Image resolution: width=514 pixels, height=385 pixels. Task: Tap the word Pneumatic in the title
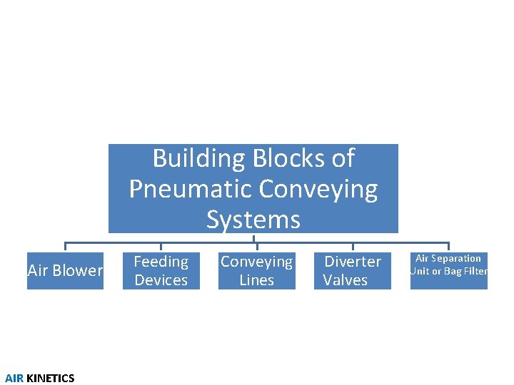(x=191, y=189)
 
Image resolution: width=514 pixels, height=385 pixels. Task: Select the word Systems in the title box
(x=253, y=219)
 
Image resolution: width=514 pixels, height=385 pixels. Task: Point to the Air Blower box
(x=65, y=271)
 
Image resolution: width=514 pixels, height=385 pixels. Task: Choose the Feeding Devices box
(x=161, y=271)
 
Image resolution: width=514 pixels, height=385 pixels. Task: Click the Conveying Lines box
(x=256, y=271)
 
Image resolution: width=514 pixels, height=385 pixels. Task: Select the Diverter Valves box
(x=353, y=271)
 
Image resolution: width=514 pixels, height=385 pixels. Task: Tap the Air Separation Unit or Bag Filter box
(x=448, y=271)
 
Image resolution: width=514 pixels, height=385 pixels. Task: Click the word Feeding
(x=161, y=262)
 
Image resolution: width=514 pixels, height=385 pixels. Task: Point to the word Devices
(x=161, y=280)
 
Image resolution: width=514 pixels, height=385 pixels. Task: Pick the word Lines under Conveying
(x=256, y=280)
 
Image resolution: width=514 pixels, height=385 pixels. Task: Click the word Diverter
(x=353, y=262)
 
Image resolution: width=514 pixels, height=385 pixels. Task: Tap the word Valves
(x=346, y=280)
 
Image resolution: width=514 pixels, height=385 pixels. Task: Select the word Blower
(x=78, y=271)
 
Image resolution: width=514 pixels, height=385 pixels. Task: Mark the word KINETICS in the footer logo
(x=50, y=379)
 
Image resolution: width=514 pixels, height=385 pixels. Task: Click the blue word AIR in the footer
(x=14, y=379)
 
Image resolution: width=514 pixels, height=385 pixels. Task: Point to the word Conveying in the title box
(x=318, y=189)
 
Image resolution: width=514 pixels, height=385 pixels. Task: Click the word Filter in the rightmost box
(x=473, y=271)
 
